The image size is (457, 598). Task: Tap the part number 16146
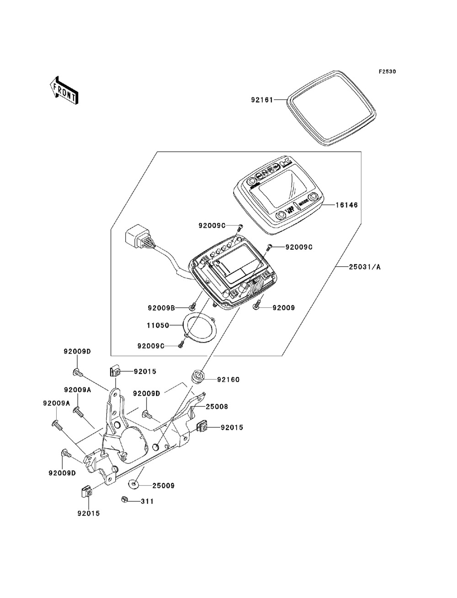click(347, 206)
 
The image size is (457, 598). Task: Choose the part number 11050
click(158, 326)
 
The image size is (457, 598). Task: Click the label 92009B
click(161, 308)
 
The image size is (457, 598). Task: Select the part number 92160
click(228, 380)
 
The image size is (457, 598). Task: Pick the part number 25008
click(217, 406)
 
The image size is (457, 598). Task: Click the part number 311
click(147, 501)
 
